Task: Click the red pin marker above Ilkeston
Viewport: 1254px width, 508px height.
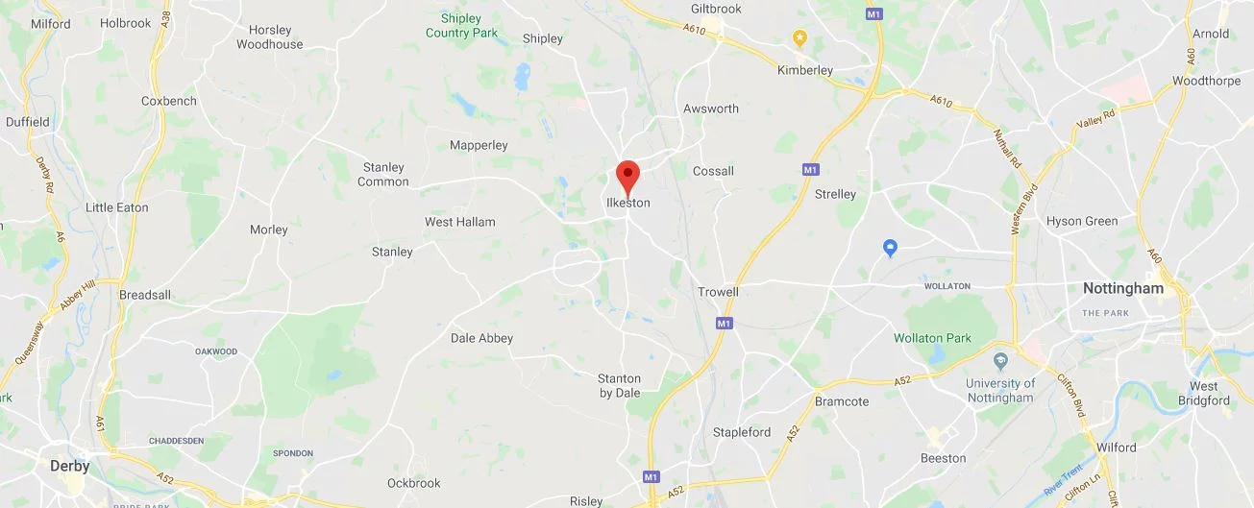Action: (627, 176)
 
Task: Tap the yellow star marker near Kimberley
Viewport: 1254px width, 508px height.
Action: (799, 37)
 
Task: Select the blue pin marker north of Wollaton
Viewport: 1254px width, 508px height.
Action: (891, 248)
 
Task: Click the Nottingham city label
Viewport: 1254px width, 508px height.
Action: (1122, 288)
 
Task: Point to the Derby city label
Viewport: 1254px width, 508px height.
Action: (70, 466)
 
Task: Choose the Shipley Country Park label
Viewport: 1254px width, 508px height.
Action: (461, 26)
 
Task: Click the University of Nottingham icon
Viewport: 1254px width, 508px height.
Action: (1000, 361)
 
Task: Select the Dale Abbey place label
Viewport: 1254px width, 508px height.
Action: (481, 338)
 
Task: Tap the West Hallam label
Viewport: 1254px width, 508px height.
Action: (460, 222)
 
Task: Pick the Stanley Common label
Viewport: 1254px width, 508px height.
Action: (382, 175)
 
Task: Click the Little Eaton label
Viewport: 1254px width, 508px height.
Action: (117, 207)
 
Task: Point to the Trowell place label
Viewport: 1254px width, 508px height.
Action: (718, 292)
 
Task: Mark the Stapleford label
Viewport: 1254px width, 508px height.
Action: (741, 432)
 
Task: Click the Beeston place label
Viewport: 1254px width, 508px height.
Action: (943, 458)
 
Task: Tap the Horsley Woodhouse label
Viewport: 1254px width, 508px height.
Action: (269, 37)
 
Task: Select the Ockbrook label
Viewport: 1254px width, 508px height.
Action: (413, 482)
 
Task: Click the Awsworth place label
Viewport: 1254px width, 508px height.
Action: (711, 109)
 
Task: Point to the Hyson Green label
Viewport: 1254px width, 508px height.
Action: (1082, 221)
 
